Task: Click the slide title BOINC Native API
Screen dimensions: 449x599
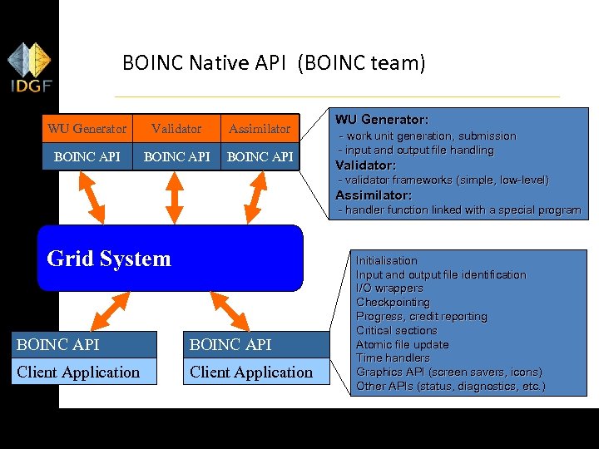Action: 274,63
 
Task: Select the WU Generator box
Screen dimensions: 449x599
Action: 87,129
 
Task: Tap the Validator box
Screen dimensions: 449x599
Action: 176,129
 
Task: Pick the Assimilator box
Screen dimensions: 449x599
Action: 260,129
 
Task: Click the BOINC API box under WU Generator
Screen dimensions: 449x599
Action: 87,156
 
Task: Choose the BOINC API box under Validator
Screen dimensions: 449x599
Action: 176,156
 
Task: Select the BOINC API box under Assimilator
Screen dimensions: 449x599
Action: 260,156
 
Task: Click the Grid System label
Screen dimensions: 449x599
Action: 109,259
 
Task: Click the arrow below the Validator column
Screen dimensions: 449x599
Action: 175,198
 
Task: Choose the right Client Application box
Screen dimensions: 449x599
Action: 251,372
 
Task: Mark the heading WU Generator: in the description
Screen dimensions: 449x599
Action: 382,120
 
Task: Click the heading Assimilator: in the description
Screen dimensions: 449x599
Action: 374,195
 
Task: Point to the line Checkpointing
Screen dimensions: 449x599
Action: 393,303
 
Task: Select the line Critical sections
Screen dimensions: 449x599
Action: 396,330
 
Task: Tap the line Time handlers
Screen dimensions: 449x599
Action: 393,358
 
